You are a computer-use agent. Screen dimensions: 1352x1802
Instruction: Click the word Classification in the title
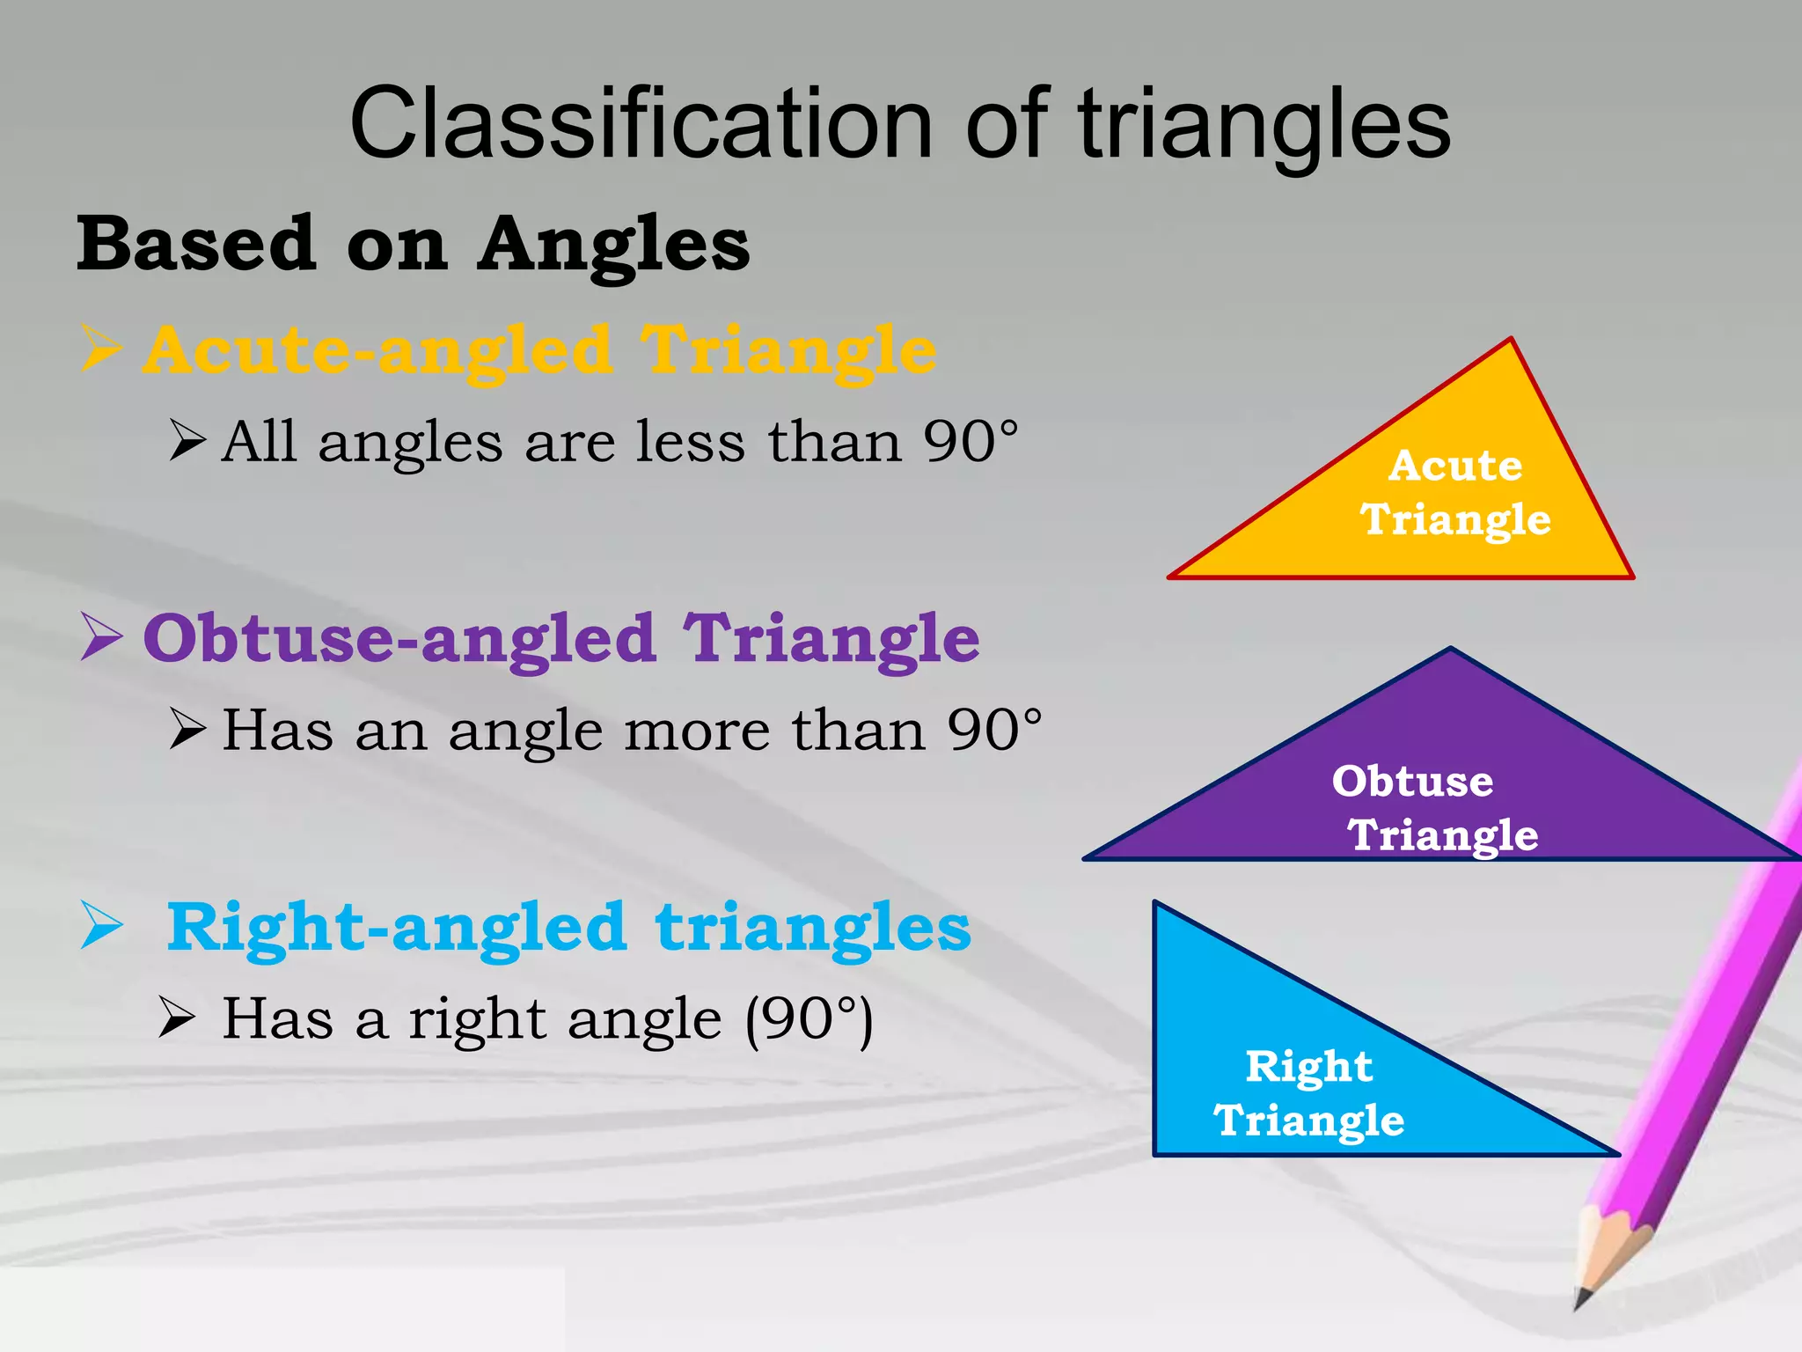pyautogui.click(x=641, y=125)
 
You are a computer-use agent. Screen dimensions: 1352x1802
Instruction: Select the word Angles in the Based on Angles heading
pyautogui.click(x=613, y=244)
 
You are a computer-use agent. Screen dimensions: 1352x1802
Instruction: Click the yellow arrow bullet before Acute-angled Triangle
pyautogui.click(x=100, y=349)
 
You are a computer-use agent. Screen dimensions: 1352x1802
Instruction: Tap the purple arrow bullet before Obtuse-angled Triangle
pyautogui.click(x=100, y=636)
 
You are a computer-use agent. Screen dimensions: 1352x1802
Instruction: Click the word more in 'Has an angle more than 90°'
pyautogui.click(x=695, y=730)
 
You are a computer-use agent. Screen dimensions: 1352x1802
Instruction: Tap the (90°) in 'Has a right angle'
pyautogui.click(x=809, y=1019)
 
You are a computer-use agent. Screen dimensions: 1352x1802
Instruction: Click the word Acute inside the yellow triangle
pyautogui.click(x=1454, y=466)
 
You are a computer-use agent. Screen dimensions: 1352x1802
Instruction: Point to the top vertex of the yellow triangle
pyautogui.click(x=1510, y=340)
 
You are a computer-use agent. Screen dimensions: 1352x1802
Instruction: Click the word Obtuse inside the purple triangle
pyautogui.click(x=1411, y=781)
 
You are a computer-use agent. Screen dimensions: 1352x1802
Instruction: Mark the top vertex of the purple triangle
pyautogui.click(x=1450, y=650)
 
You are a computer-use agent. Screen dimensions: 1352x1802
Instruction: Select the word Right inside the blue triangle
pyautogui.click(x=1308, y=1067)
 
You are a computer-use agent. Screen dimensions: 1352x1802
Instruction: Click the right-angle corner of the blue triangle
pyautogui.click(x=1156, y=1153)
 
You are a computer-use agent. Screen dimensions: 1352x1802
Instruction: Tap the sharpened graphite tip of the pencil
pyautogui.click(x=1580, y=1299)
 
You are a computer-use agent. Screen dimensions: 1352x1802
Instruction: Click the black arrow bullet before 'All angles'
pyautogui.click(x=187, y=440)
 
